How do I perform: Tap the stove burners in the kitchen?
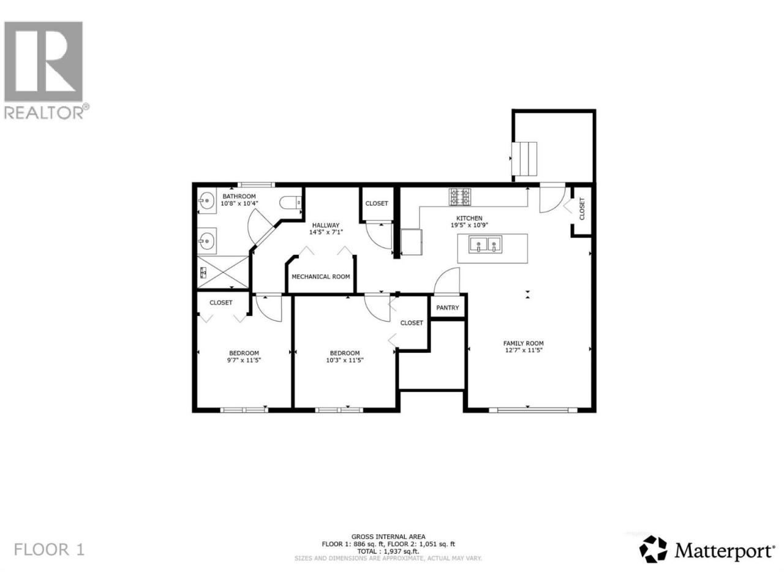point(460,197)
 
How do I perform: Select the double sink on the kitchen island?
point(485,244)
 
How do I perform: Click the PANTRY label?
point(447,307)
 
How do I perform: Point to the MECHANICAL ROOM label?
point(320,276)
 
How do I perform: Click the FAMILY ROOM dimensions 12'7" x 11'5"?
point(523,350)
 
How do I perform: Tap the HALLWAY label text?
point(325,225)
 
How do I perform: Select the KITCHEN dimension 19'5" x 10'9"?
point(469,225)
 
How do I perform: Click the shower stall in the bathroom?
point(223,272)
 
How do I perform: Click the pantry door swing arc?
point(446,281)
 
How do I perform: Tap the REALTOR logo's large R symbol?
point(43,61)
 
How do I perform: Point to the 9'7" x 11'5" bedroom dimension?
point(244,360)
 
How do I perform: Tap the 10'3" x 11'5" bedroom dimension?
point(345,360)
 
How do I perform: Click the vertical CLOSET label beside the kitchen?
point(582,209)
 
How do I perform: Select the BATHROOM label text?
point(239,196)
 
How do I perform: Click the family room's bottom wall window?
point(532,410)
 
